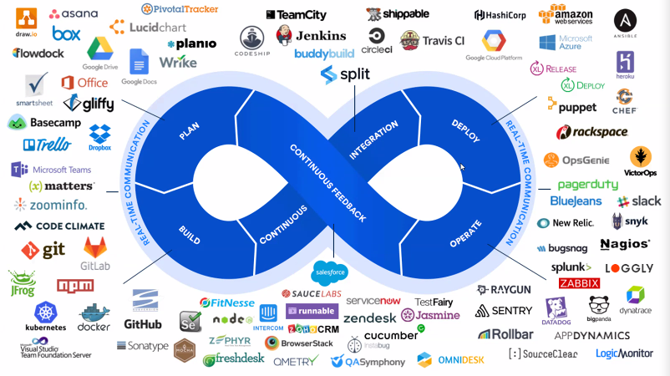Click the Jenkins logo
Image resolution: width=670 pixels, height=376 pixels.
tap(311, 36)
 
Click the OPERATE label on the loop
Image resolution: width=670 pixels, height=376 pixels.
tap(466, 234)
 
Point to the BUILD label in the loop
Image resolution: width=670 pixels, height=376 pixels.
tap(190, 234)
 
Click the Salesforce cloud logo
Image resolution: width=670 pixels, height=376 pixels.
tap(330, 272)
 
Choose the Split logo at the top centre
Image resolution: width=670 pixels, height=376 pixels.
tap(344, 74)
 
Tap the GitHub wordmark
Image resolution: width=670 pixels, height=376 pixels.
tap(143, 323)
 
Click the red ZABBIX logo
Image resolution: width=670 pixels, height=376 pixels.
tap(579, 283)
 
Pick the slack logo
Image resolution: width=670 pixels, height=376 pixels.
tap(639, 201)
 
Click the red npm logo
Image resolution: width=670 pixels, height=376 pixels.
tap(75, 286)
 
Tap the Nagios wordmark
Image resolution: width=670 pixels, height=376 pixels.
tap(625, 244)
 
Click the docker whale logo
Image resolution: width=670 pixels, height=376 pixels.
tap(94, 318)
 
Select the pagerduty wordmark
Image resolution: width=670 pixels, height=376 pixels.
tap(587, 184)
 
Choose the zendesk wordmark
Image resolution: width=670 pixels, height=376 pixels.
tap(369, 318)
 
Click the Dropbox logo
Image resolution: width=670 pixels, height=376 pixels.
tap(100, 136)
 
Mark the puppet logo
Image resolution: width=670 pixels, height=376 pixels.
tap(572, 106)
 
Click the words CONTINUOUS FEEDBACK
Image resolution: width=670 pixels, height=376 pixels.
tap(327, 182)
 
